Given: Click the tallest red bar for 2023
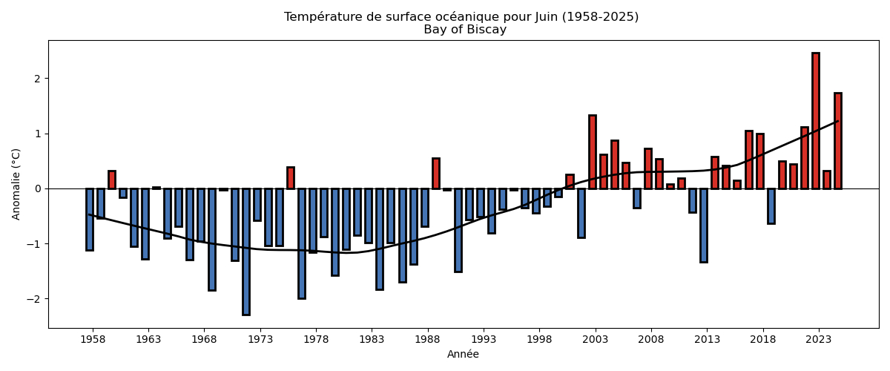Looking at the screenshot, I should click(x=816, y=120).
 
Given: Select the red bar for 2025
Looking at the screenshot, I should click(x=838, y=141).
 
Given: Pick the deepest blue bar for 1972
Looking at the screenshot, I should click(x=246, y=252).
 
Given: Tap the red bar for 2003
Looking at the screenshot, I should click(x=593, y=152).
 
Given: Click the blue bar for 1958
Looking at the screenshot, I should click(x=90, y=219).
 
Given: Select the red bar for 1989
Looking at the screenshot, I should click(x=436, y=174).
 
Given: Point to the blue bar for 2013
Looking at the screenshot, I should click(x=704, y=225).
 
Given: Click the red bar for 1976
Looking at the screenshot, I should click(x=291, y=178).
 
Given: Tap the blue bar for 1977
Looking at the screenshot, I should click(x=302, y=243).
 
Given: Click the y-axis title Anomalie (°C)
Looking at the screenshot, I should click(x=16, y=184).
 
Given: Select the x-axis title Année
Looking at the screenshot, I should click(x=463, y=355).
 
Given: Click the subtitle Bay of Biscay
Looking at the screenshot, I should click(x=465, y=30).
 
